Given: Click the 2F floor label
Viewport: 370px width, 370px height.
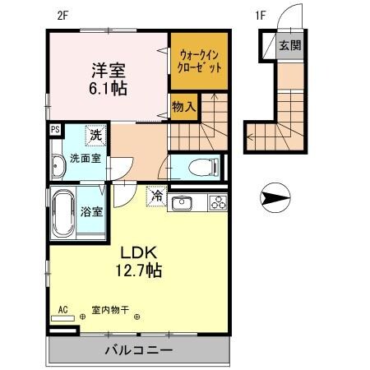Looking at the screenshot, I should [x=61, y=14].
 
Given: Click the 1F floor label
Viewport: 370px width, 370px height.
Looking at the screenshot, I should [x=261, y=14].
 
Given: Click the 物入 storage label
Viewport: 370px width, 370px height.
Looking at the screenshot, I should [x=183, y=106].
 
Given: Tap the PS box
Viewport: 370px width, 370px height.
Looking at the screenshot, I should [x=55, y=128].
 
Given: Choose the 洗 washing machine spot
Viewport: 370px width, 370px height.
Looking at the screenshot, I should [x=97, y=135].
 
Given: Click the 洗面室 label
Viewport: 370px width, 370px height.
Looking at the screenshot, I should [x=85, y=159].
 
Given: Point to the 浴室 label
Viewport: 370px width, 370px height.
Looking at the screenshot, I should [x=91, y=212].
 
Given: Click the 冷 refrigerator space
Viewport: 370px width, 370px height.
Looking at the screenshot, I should [x=156, y=197].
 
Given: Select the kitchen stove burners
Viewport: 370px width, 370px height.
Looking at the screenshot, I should [x=218, y=202].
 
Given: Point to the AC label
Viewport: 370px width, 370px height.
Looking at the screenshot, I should [x=60, y=310].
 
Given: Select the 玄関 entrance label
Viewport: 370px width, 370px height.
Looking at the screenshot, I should [x=289, y=45].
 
